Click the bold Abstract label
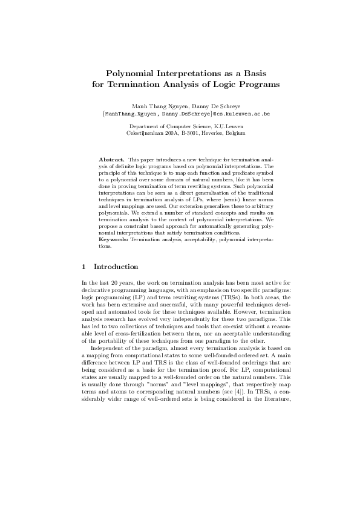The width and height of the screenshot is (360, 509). [112, 158]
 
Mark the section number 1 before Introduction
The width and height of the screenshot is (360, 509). [83, 284]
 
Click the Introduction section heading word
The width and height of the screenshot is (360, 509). [116, 284]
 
